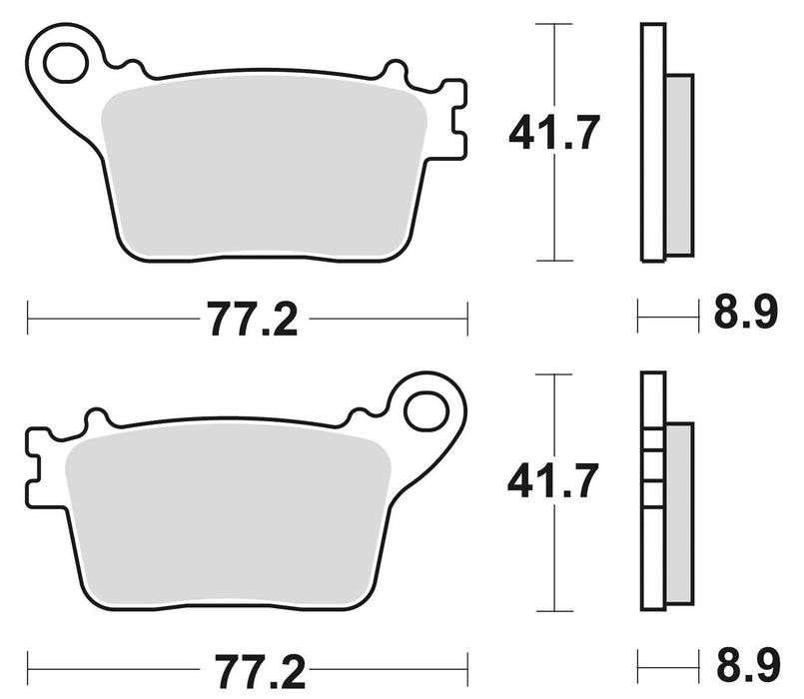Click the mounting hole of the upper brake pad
point(67,61)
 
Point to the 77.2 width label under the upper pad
point(253,321)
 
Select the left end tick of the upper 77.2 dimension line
point(29,321)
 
